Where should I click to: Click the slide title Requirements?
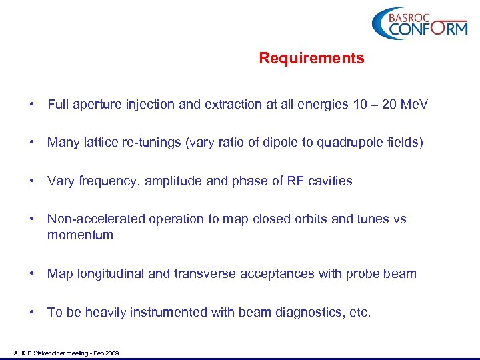point(311,59)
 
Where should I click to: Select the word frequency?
point(105,181)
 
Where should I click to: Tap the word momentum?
point(80,235)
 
